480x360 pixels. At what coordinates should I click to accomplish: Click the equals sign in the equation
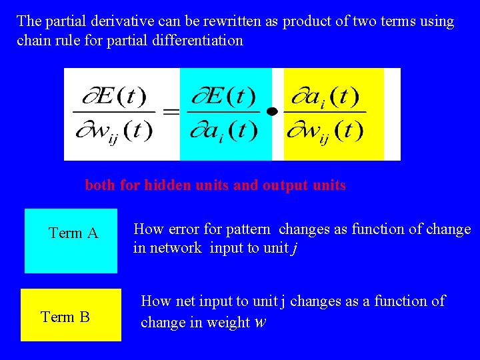(171, 112)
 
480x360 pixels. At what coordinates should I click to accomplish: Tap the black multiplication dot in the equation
(271, 112)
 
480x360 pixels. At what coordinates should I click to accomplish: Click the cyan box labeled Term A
(71, 241)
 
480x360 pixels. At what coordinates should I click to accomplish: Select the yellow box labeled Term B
(71, 315)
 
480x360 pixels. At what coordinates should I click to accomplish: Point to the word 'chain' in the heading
(33, 40)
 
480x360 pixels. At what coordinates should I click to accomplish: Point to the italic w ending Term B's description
(261, 323)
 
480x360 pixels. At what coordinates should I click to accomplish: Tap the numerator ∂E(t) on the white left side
(113, 97)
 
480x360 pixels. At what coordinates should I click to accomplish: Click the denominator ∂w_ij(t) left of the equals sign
(113, 129)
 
